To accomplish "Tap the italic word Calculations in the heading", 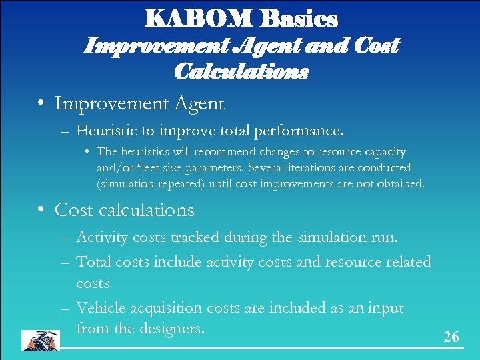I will (241, 71).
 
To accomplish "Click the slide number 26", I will (451, 337).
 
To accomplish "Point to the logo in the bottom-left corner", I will (40, 339).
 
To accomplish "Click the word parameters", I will (224, 167).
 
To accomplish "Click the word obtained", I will (399, 183).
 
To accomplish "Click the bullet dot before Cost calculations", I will (42, 210).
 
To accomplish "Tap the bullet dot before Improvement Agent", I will (42, 104).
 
